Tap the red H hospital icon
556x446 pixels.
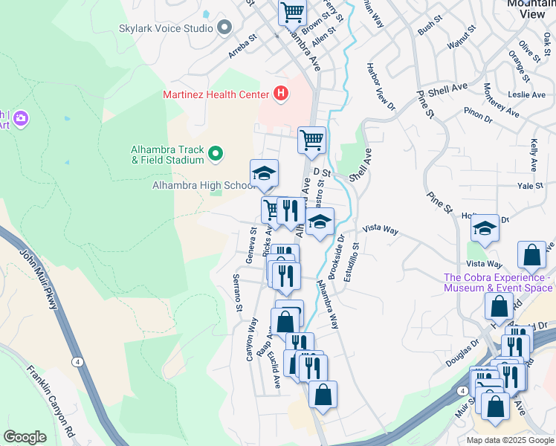(x=281, y=94)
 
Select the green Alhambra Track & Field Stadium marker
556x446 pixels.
(x=216, y=154)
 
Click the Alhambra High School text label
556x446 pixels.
(x=204, y=185)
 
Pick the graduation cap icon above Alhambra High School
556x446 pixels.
(x=264, y=173)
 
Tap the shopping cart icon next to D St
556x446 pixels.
(x=311, y=139)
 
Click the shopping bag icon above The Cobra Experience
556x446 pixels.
(x=532, y=256)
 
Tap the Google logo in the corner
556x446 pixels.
(x=25, y=437)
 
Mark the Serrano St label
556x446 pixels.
(x=238, y=292)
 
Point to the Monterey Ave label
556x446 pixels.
(x=502, y=100)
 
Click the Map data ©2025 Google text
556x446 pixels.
(x=509, y=440)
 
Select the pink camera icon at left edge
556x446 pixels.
(x=20, y=118)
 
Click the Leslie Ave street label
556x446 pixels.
(x=527, y=94)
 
